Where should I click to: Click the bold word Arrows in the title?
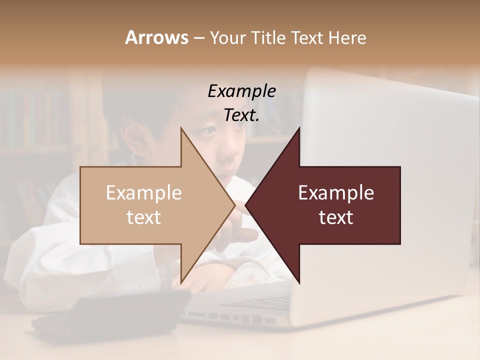coord(156,37)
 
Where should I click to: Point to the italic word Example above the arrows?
coord(241,91)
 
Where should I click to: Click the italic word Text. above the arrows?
coord(241,115)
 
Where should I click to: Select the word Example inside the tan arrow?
coord(144,193)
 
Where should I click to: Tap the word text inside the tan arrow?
coord(144,217)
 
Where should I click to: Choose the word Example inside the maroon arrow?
coord(336,193)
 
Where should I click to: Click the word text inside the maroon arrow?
coord(336,217)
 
